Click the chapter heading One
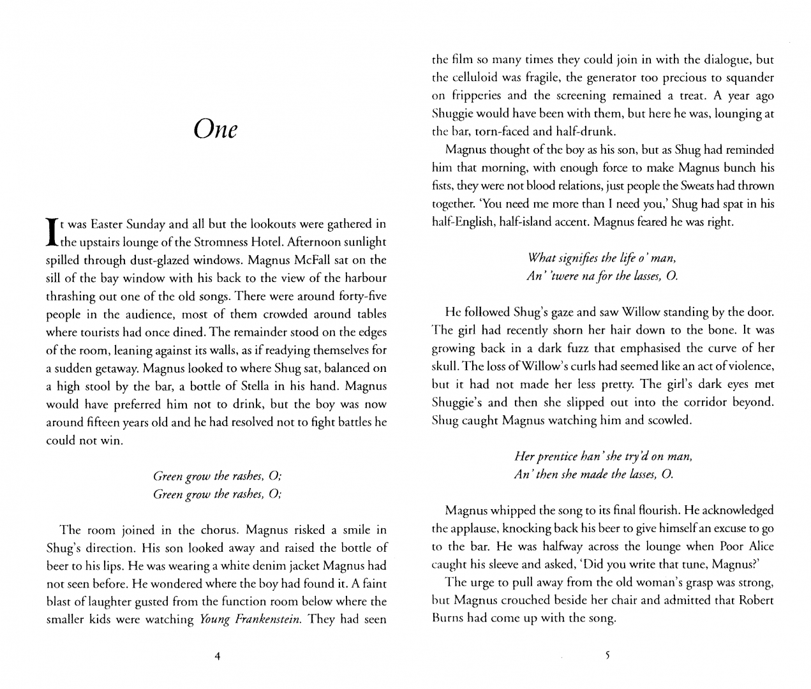(216, 130)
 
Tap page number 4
(218, 656)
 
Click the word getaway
(111, 369)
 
